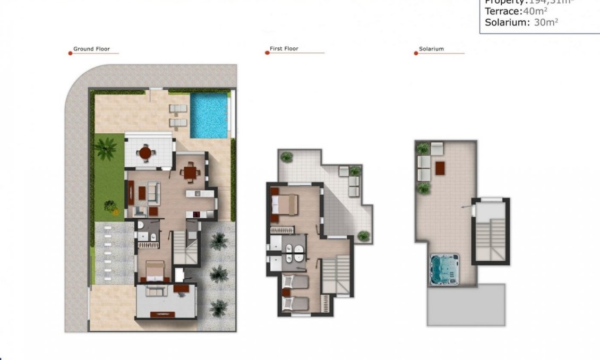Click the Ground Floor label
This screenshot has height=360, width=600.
[x=91, y=49]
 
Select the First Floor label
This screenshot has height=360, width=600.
[x=284, y=49]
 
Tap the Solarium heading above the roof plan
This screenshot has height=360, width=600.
[x=431, y=49]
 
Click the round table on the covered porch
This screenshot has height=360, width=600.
[x=145, y=152]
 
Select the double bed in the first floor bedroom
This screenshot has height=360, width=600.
[x=285, y=203]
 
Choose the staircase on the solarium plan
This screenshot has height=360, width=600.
[x=491, y=238]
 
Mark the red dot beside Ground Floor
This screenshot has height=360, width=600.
[x=70, y=53]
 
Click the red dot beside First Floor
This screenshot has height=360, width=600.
[x=267, y=53]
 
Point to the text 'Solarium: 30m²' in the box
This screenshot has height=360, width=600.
[x=521, y=22]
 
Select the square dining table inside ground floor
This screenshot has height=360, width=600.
[x=189, y=172]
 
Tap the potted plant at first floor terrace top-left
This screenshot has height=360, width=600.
[x=287, y=157]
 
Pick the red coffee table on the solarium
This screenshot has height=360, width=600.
[x=440, y=168]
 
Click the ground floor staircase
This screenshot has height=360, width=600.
[x=186, y=247]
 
